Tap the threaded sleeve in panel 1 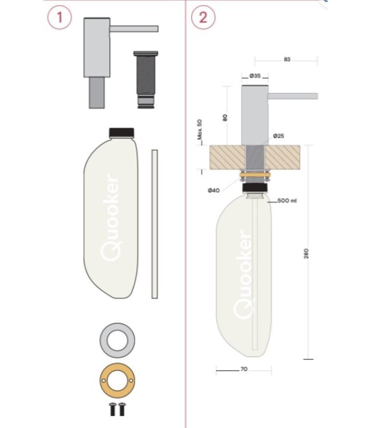[x=144, y=80]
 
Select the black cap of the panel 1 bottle [x=121, y=132]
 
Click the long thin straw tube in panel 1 [x=154, y=224]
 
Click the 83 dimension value [x=287, y=59]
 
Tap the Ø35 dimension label [x=255, y=76]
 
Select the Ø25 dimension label [x=279, y=136]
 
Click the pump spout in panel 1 [x=134, y=29]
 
